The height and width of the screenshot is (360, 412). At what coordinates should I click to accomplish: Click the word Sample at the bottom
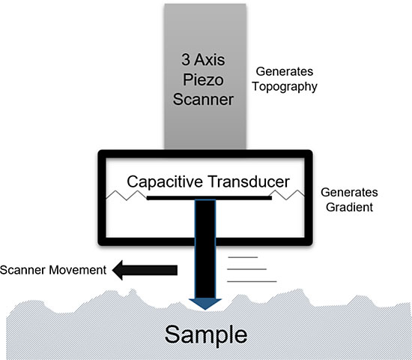pyautogui.click(x=205, y=332)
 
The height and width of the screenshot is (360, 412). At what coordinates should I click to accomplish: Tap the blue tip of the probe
pyautogui.click(x=205, y=302)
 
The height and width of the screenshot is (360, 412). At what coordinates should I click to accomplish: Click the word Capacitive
pyautogui.click(x=163, y=181)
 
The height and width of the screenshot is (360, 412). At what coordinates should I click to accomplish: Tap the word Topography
pyautogui.click(x=287, y=87)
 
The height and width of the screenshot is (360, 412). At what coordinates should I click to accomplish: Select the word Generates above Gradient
pyautogui.click(x=345, y=191)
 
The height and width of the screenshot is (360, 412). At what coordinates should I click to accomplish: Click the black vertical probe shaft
pyautogui.click(x=205, y=247)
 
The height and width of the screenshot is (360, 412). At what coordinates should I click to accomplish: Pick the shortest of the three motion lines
pyautogui.click(x=244, y=256)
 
